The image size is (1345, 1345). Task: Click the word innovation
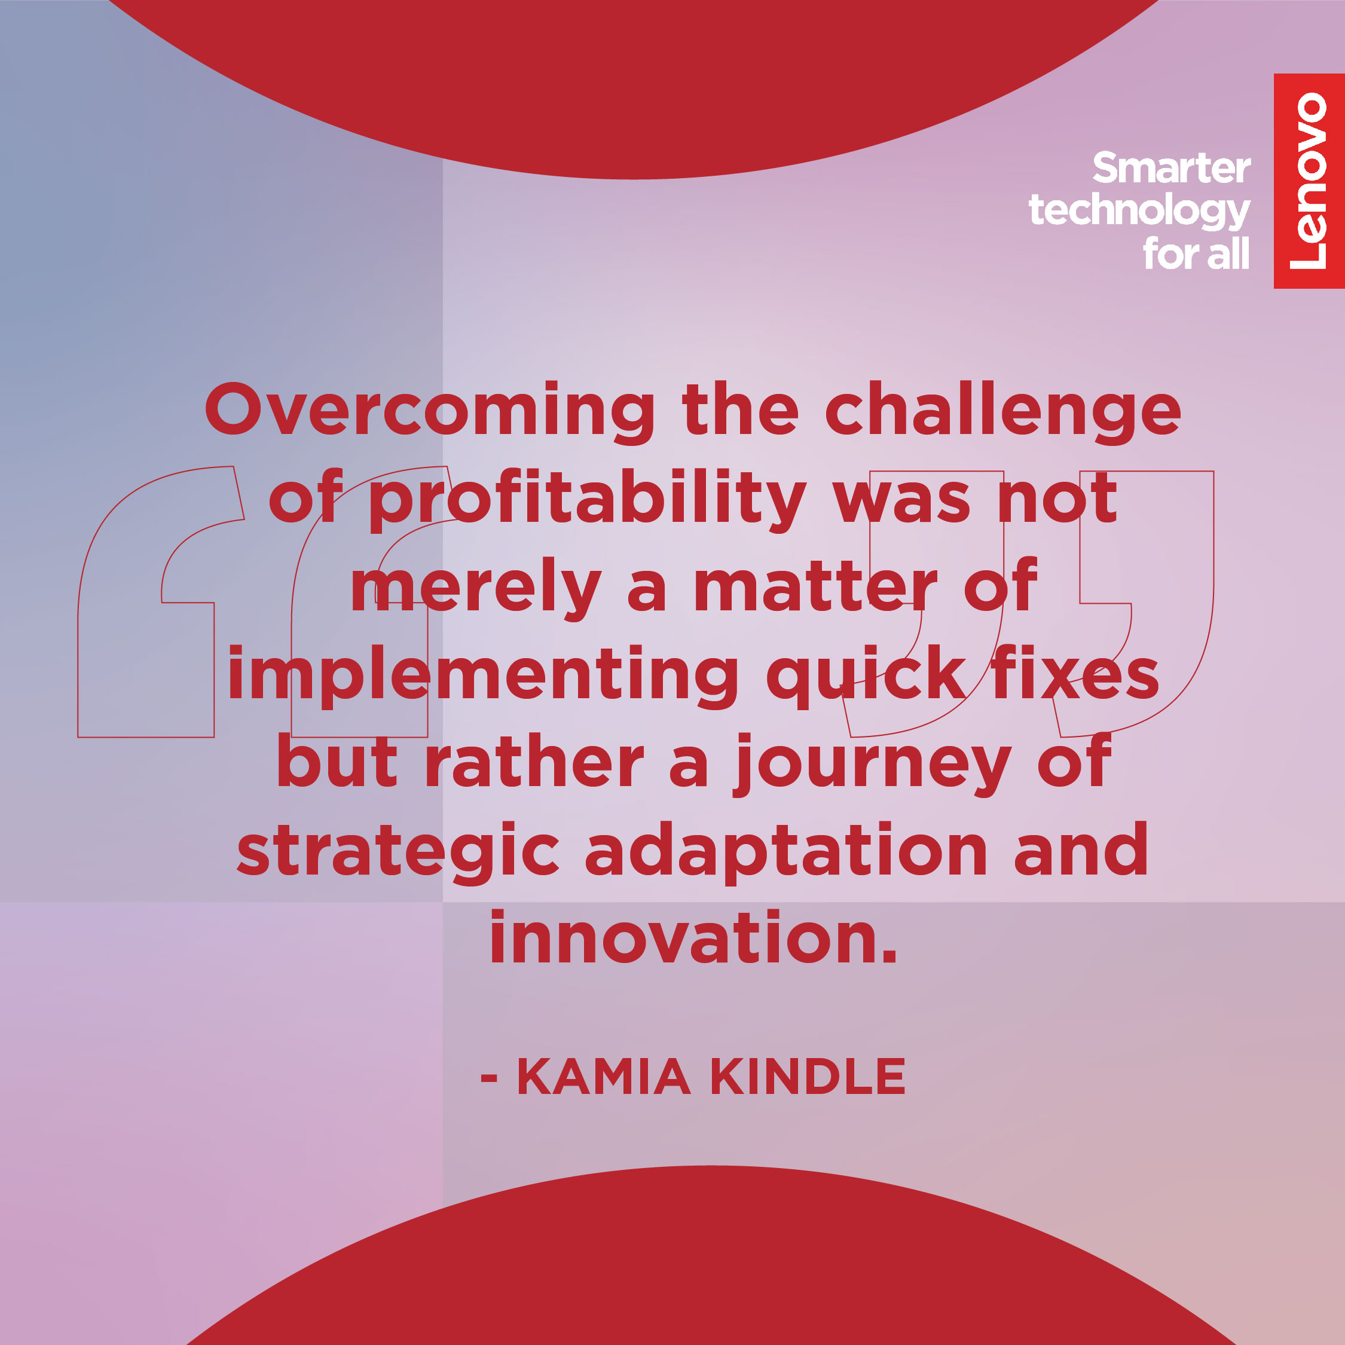694,938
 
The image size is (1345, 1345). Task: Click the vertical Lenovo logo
1309,181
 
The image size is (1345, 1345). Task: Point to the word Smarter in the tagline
1172,169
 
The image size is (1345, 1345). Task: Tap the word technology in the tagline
1139,212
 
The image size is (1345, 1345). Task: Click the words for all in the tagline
1196,253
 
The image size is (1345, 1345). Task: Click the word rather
534,763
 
